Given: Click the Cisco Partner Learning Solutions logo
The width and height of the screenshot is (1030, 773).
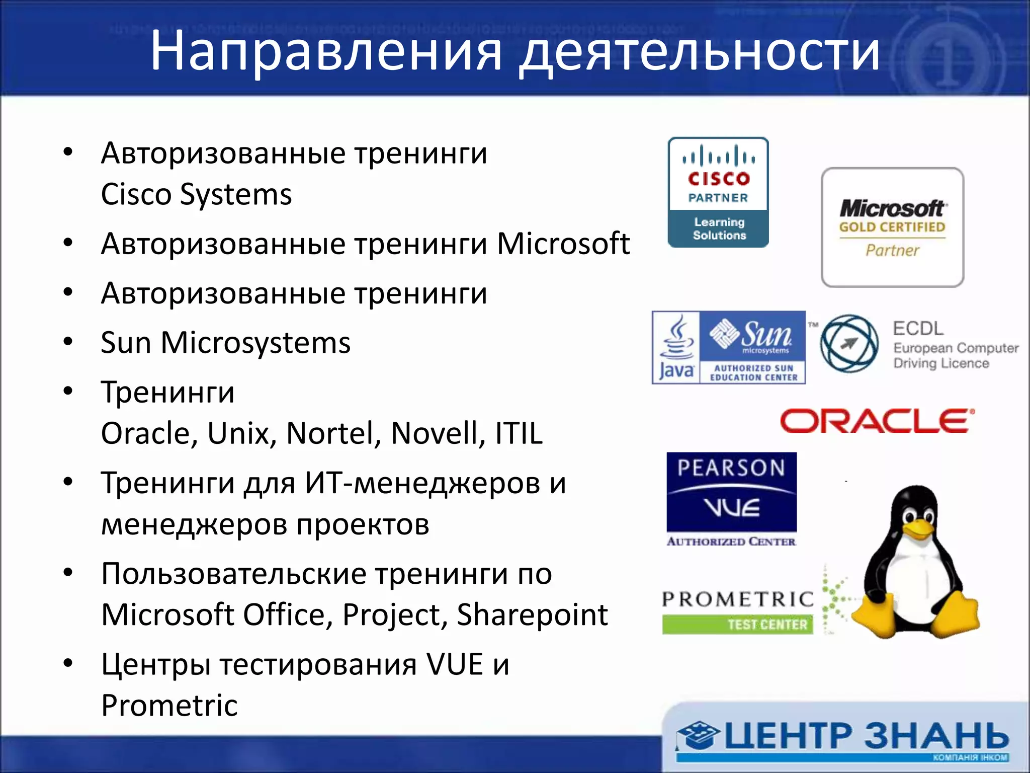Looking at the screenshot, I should (x=718, y=192).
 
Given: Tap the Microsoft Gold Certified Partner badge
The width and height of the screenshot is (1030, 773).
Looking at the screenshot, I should (x=892, y=227).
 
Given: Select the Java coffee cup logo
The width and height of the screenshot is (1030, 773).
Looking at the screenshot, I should (x=676, y=347).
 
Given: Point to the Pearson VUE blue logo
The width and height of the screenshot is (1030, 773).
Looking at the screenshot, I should (x=731, y=492).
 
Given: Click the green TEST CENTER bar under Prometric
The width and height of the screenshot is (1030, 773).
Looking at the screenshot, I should (x=737, y=625).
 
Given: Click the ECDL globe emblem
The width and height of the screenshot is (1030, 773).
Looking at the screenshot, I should (x=849, y=344).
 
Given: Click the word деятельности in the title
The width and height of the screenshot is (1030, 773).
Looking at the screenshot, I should (x=699, y=51).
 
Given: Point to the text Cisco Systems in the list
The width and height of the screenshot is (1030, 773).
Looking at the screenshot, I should (x=196, y=194).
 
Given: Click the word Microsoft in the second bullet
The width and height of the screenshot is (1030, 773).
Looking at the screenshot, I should (x=563, y=244).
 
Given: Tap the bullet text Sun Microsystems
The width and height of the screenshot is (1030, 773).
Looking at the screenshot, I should (x=225, y=343).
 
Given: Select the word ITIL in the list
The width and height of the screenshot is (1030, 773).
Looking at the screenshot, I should (x=519, y=433).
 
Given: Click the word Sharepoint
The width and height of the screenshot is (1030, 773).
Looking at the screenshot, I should (x=532, y=614).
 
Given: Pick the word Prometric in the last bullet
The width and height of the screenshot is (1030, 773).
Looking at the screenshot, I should (x=169, y=705).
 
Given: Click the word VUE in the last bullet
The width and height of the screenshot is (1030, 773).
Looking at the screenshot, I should (x=455, y=664).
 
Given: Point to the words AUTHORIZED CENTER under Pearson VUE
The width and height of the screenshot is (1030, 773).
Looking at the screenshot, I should (x=731, y=542).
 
